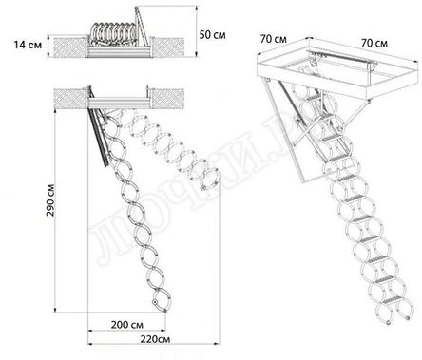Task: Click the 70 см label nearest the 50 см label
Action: point(275,40)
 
